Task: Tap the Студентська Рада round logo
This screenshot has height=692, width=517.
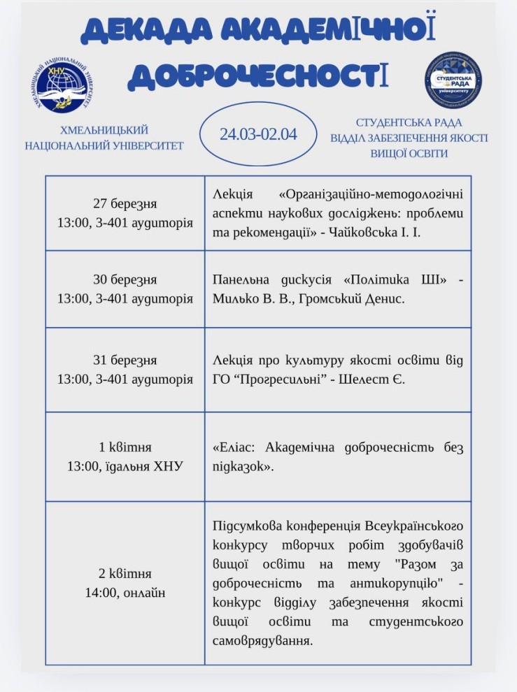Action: (453, 81)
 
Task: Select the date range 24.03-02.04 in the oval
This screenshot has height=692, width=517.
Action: (258, 134)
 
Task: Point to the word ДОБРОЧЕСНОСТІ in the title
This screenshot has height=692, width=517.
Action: (258, 75)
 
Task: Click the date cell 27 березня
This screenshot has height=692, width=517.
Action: (125, 204)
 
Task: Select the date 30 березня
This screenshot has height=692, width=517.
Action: (125, 280)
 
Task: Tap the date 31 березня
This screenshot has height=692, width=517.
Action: (125, 361)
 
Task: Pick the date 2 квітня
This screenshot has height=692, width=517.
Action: (125, 574)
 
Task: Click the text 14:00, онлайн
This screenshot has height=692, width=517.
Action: (125, 593)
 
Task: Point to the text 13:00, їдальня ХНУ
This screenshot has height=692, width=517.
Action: (125, 466)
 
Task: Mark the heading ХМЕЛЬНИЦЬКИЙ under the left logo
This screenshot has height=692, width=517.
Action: (104, 131)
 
